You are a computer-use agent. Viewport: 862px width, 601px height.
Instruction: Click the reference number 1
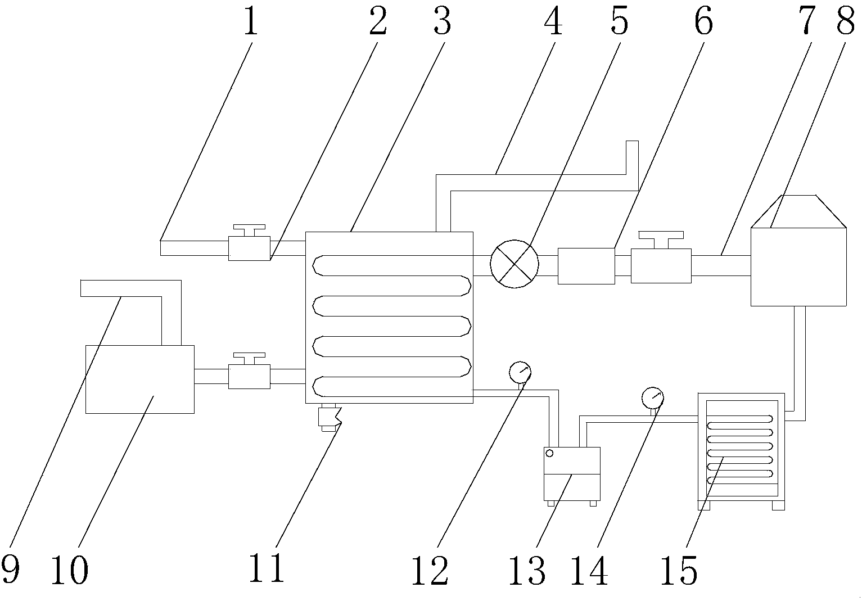pos(251,22)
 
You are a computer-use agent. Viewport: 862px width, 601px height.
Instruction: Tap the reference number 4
pos(554,22)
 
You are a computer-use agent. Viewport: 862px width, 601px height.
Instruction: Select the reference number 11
pos(268,569)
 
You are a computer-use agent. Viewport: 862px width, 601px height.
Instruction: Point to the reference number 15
pos(680,570)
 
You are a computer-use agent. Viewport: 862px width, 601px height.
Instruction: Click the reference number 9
pos(11,570)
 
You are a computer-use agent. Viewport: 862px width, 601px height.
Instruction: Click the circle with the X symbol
pos(515,264)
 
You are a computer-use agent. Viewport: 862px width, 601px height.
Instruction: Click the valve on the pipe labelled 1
pos(249,246)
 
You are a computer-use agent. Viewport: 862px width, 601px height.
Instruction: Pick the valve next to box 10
pos(249,374)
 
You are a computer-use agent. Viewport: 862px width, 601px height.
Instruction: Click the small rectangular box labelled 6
pos(586,266)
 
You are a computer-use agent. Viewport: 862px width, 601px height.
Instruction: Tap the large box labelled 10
pos(139,379)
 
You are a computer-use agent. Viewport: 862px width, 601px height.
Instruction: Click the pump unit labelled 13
pos(572,474)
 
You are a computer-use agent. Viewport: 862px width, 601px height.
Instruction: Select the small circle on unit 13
pos(549,454)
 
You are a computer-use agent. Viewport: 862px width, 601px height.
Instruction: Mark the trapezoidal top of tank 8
pos(798,211)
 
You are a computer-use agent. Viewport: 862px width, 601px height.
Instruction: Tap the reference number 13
pos(526,570)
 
